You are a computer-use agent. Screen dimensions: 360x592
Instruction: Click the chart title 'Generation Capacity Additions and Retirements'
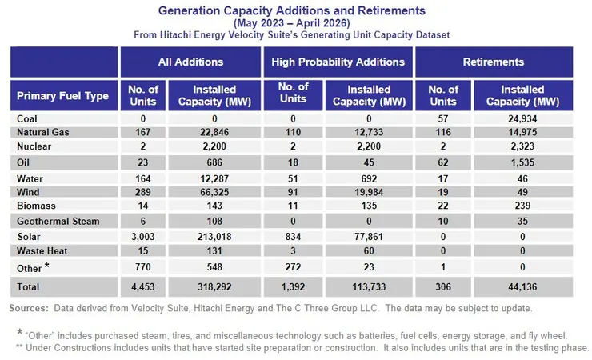tap(291, 11)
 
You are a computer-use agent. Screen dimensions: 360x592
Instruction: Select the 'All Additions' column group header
tap(190, 62)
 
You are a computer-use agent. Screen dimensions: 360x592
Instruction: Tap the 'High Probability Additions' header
tap(338, 62)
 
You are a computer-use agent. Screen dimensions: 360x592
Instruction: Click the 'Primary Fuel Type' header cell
tap(63, 96)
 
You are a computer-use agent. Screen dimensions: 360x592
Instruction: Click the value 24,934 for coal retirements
tap(523, 119)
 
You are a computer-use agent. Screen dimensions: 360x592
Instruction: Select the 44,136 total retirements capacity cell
tap(523, 286)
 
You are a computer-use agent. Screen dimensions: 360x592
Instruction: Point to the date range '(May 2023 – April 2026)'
tap(291, 23)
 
